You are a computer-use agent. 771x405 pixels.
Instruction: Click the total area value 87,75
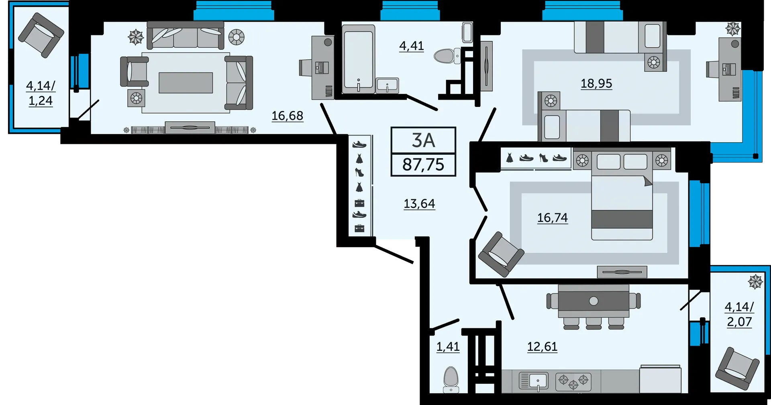[x=423, y=165]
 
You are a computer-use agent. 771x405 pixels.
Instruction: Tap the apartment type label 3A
[x=423, y=141]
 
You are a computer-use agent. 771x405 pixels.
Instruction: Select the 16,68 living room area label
[x=287, y=116]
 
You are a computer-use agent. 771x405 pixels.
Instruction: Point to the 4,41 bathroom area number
[x=411, y=46]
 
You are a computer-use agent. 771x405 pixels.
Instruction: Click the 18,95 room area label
[x=596, y=84]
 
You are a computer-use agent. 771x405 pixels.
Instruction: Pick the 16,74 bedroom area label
[x=553, y=218]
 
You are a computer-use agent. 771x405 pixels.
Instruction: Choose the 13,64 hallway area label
[x=419, y=204]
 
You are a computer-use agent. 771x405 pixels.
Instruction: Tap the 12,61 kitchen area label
[x=542, y=346]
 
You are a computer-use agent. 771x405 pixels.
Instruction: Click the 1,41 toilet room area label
[x=448, y=346]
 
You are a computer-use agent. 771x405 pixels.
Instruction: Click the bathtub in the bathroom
[x=359, y=58]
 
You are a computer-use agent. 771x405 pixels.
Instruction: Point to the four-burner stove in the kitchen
[x=573, y=381]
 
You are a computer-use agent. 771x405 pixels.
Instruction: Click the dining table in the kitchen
[x=594, y=301]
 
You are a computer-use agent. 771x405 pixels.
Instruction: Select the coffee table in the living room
[x=186, y=83]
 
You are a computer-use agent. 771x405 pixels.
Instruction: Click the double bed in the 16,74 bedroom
[x=622, y=205]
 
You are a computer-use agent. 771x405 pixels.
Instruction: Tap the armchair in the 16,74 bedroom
[x=501, y=254]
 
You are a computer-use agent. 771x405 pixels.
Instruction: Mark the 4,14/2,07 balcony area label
[x=739, y=314]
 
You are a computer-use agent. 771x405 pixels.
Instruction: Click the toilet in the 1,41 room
[x=451, y=378]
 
